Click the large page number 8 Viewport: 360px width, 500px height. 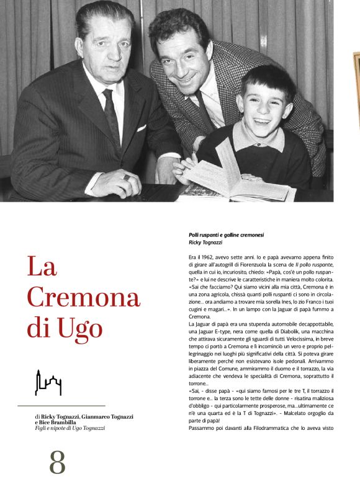[57, 462]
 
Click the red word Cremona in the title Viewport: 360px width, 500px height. [83, 297]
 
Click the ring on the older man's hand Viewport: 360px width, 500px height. [127, 177]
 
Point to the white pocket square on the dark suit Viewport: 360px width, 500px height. [141, 128]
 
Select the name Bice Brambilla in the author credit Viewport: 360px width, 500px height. [62, 422]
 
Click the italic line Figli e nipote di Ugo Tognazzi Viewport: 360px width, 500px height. [70, 428]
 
